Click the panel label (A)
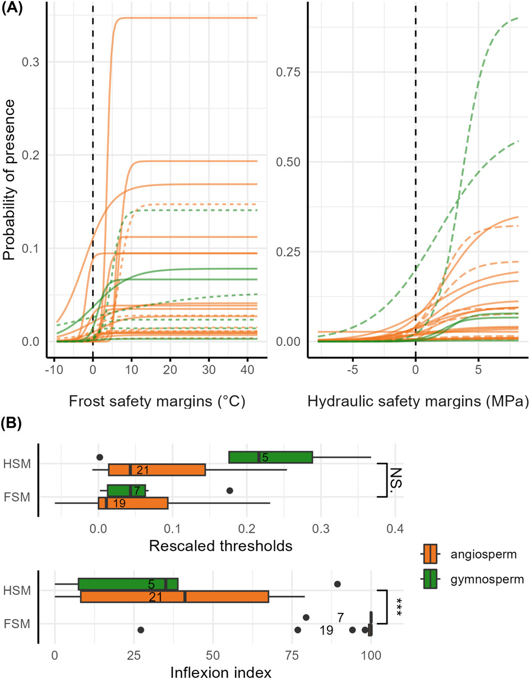tap(12, 7)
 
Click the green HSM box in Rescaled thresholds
tap(270, 457)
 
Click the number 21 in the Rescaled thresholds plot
tap(142, 469)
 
